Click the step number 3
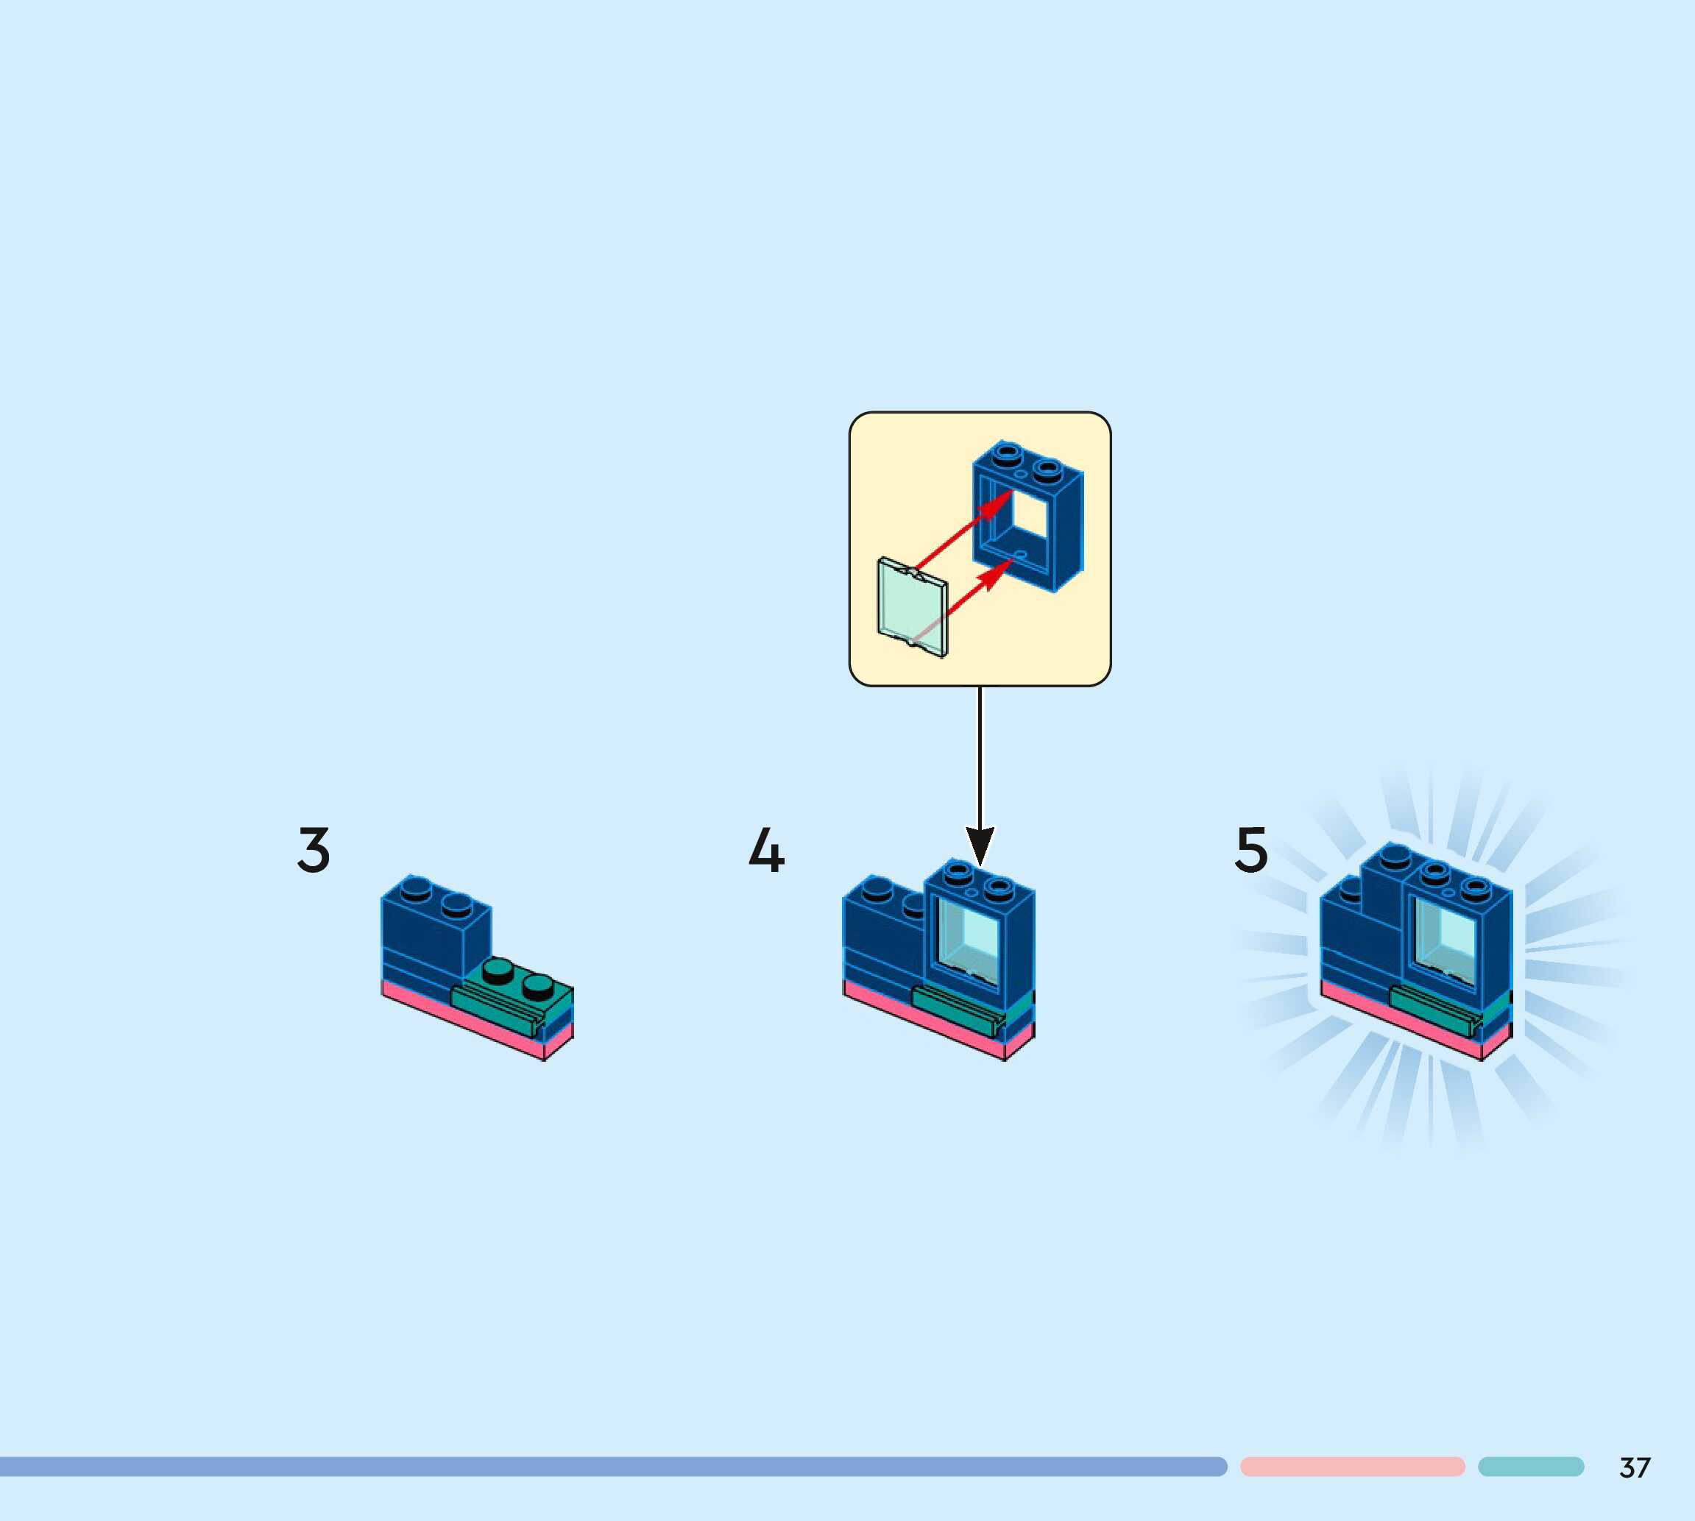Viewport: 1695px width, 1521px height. (314, 851)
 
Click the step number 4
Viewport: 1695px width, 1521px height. (765, 851)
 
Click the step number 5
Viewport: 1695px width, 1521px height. (1251, 850)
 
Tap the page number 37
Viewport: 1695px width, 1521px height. (1635, 1467)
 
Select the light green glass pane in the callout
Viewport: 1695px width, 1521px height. (910, 608)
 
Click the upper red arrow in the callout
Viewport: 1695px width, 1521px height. (966, 530)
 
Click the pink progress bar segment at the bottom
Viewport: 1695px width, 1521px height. (1352, 1467)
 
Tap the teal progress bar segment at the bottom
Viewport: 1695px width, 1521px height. (1530, 1467)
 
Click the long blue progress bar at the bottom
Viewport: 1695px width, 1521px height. (610, 1467)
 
